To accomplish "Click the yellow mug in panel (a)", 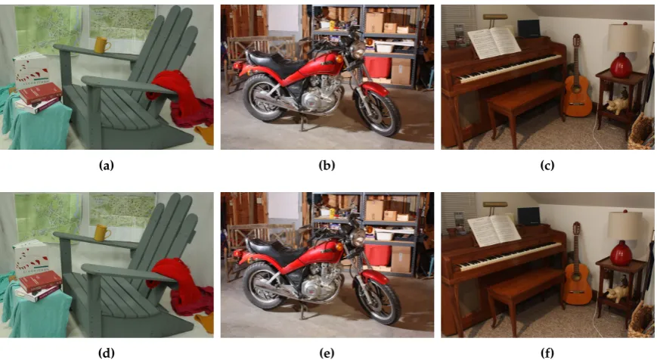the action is tap(102, 45).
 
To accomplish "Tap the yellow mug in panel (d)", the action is tap(102, 233).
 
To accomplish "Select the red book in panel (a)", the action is tap(40, 93).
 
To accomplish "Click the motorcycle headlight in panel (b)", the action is tap(358, 50).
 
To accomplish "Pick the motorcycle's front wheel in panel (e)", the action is tap(377, 300).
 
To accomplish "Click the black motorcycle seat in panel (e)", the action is tap(272, 250).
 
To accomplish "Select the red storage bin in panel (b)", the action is tap(377, 67).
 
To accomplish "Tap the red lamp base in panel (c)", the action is tap(621, 65).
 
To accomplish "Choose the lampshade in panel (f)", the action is tap(624, 226).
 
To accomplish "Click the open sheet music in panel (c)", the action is tap(494, 43).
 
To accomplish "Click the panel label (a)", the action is tap(107, 166).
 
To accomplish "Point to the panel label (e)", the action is tap(327, 353).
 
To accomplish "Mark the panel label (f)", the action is tap(547, 353).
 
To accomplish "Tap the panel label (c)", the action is tap(547, 166).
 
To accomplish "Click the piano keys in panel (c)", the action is tap(510, 68).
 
